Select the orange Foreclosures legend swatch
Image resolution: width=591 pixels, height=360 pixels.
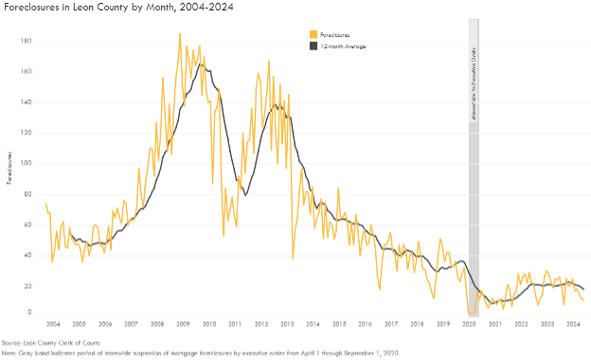313,33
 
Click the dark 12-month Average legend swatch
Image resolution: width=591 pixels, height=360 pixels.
313,45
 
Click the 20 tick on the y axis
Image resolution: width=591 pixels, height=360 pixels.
28,285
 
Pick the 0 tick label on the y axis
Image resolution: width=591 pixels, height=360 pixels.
30,312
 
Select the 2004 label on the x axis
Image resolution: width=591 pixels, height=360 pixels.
53,323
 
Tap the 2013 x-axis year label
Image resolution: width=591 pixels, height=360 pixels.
287,323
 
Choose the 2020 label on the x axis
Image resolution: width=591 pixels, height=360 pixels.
468,323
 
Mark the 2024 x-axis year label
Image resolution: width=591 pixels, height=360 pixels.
572,323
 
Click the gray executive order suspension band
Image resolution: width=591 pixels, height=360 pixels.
474,189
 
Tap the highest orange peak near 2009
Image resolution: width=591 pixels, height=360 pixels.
180,34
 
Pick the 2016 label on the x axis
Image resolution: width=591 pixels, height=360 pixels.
365,323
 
